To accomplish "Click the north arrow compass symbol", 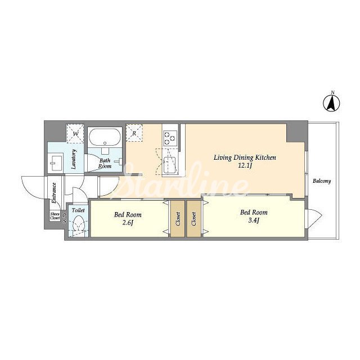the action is (x=332, y=103).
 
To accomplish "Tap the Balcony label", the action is (x=322, y=181).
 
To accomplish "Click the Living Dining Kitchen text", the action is (x=245, y=157).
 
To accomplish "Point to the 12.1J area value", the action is (x=245, y=165).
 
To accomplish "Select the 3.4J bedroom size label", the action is (x=254, y=220).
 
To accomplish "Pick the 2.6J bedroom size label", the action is (x=128, y=223).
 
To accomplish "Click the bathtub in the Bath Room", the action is (x=105, y=137).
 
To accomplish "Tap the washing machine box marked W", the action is (x=75, y=134).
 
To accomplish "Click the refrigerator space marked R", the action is (x=134, y=133).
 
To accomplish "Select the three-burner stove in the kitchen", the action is (x=170, y=138).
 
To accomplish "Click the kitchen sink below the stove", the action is (x=169, y=164).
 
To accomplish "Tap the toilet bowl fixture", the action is (x=79, y=223).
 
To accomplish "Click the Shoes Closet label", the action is (x=55, y=216).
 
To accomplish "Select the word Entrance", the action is (x=54, y=193).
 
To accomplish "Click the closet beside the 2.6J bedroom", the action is (x=178, y=219).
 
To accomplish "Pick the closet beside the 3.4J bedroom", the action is (x=193, y=219).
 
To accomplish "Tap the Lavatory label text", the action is (x=74, y=159).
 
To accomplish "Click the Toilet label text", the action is (x=78, y=210).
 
